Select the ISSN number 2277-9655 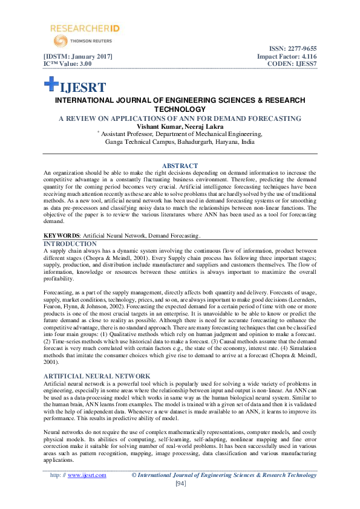click(302, 49)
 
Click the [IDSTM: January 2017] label click(78, 57)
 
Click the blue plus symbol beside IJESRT click(51, 85)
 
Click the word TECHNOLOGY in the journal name click(180, 109)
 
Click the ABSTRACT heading click(180, 166)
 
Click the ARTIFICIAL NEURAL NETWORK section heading click(91, 376)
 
